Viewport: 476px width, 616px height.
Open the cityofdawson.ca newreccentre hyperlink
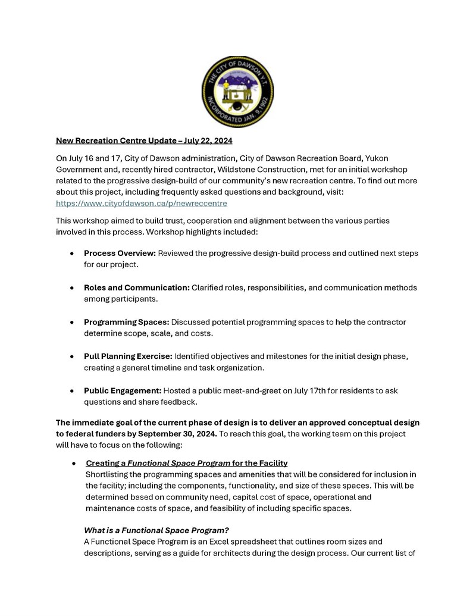click(142, 203)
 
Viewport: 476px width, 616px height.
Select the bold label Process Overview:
click(120, 254)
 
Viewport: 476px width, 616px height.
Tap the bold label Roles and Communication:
click(137, 287)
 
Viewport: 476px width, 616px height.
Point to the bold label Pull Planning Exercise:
click(128, 356)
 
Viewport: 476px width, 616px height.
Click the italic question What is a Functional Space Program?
click(156, 530)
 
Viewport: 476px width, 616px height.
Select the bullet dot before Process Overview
click(72, 254)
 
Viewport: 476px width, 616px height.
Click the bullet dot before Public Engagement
click(72, 390)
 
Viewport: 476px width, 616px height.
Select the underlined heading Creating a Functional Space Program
click(187, 463)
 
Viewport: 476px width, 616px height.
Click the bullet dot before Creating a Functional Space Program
click(72, 463)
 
